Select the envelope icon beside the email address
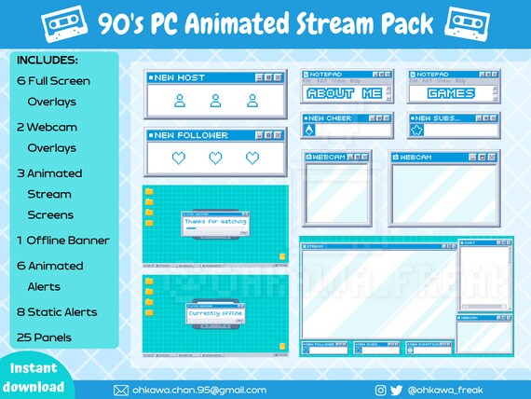pos(120,390)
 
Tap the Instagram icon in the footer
pos(380,390)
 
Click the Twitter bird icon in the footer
pos(396,390)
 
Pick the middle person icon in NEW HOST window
pos(215,101)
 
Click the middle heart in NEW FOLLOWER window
pos(215,158)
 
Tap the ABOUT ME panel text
pos(344,93)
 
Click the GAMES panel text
pos(451,93)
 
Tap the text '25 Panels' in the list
pos(46,336)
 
